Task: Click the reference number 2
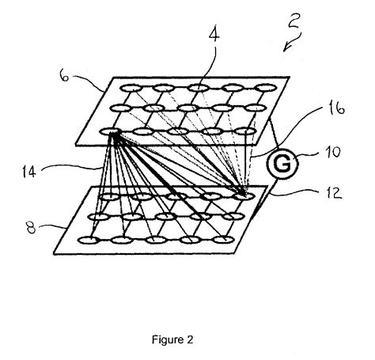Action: coord(294,21)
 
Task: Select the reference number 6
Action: coord(65,75)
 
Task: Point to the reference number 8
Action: coord(31,227)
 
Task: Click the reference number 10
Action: coord(333,152)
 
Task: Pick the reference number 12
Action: coord(333,193)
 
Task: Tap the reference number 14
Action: coord(29,172)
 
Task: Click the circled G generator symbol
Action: coord(282,164)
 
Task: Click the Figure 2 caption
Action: coord(172,339)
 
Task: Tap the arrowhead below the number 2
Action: coord(286,49)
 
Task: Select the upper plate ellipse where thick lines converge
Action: coord(111,131)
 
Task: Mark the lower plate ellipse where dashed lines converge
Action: coord(244,195)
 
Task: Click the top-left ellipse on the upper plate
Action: coord(131,88)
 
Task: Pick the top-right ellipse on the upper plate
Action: coord(267,87)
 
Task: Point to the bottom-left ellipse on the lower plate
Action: coord(89,241)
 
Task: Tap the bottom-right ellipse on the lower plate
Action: coord(224,240)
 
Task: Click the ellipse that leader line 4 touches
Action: coord(199,88)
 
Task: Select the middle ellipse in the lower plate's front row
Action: coord(156,240)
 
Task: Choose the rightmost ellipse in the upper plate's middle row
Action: coord(256,108)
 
